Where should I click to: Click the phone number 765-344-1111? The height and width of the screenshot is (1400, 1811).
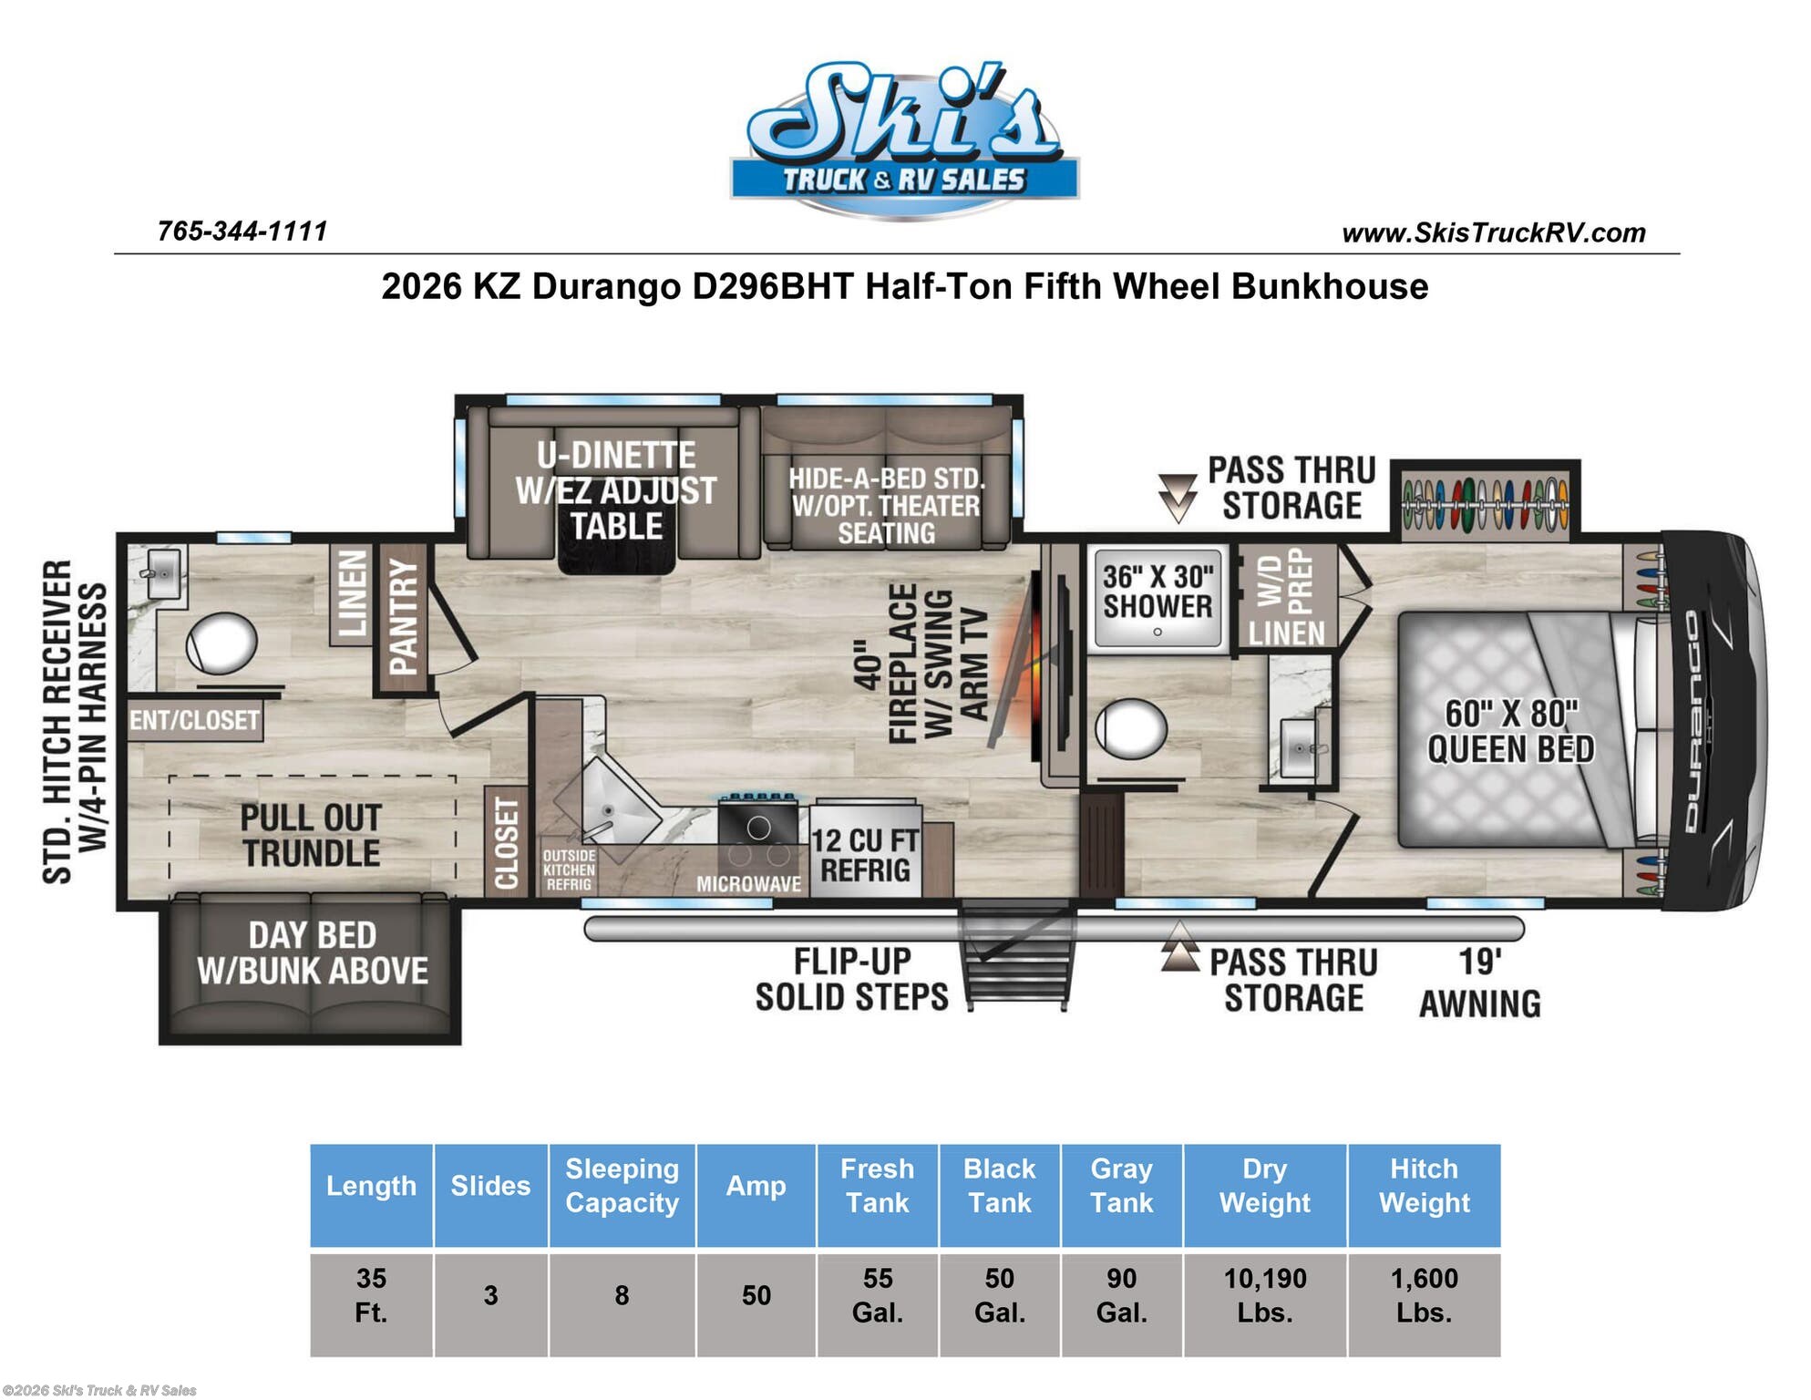coord(242,232)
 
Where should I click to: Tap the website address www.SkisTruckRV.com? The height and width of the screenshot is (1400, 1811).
coord(1494,233)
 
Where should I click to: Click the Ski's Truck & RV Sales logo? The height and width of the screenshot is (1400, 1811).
coord(904,139)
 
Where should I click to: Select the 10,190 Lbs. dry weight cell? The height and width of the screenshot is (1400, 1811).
coord(1265,1295)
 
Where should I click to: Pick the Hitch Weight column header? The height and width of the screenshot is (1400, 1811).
coord(1425,1186)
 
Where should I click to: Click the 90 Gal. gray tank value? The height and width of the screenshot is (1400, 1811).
coord(1122,1295)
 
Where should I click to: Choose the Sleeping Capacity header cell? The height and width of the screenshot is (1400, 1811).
coord(623,1186)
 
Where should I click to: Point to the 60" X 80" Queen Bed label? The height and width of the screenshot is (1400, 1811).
coord(1510,731)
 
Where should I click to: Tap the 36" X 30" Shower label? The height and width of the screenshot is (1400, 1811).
coord(1158,592)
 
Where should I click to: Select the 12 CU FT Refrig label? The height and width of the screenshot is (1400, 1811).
coord(865,855)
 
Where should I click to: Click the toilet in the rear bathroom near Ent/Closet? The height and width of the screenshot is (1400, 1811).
coord(221,643)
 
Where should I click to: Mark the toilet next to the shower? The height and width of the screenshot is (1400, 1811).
coord(1131,728)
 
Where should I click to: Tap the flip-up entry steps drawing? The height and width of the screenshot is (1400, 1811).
coord(1017,954)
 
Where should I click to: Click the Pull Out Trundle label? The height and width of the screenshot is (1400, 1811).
coord(311,835)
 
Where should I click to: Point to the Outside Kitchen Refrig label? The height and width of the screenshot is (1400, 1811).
coord(569,870)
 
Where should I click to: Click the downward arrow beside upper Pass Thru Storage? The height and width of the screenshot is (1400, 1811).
coord(1178,498)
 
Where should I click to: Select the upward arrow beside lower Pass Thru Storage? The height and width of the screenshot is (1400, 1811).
coord(1180,946)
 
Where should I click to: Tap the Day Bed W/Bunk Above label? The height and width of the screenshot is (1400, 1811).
coord(313,953)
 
